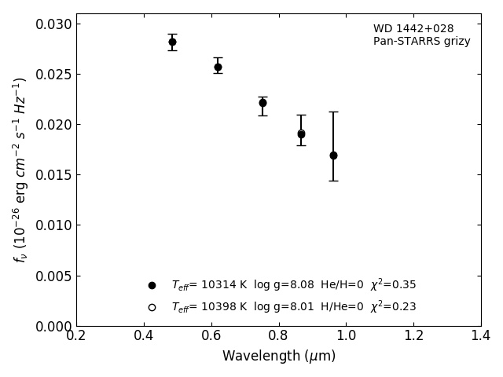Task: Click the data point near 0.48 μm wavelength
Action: pos(172,42)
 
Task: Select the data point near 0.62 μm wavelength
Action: pos(218,67)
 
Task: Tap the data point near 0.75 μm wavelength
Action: pos(263,103)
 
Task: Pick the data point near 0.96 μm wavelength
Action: pos(333,156)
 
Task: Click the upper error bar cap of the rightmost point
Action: pos(333,112)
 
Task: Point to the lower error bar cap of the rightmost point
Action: pos(333,181)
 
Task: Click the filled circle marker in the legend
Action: pos(152,285)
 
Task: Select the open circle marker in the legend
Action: pos(152,307)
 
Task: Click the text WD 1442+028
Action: pos(413,28)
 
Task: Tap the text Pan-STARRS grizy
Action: pos(422,42)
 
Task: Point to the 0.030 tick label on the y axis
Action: pos(53,24)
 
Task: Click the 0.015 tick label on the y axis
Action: pos(53,175)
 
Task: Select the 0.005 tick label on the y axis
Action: pos(53,276)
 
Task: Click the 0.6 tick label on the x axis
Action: pos(211,335)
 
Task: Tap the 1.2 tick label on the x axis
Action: pos(414,335)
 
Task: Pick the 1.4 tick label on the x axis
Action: pos(481,335)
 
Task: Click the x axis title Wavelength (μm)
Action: pos(279,356)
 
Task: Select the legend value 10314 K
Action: pos(224,284)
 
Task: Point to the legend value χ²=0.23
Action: pos(393,306)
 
